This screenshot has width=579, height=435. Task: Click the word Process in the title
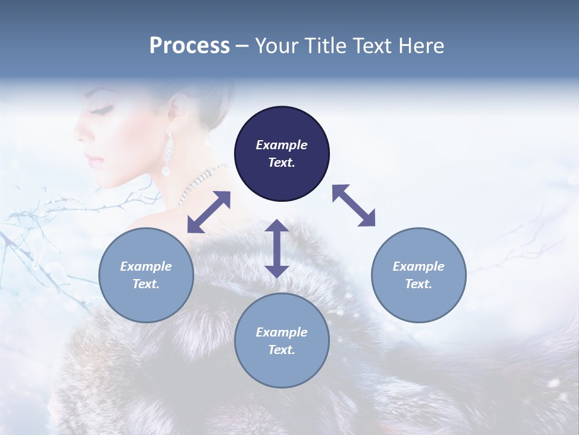[x=189, y=46]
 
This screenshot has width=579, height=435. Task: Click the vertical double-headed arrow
[x=277, y=248]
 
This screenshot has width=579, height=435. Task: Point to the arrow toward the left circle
[x=209, y=212]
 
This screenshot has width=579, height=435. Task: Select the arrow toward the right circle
[x=354, y=205]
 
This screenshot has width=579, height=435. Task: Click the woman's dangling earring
[x=167, y=156]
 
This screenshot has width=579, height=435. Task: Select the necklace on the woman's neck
[x=202, y=178]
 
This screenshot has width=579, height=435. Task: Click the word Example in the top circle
[x=282, y=145]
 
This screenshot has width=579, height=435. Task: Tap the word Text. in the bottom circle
[x=282, y=350]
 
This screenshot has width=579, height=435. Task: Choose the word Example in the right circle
[x=419, y=266]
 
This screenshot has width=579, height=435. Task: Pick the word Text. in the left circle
[x=146, y=284]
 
